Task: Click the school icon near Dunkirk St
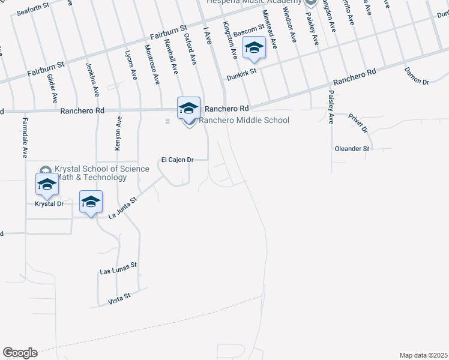[x=254, y=48]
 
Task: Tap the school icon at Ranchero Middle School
[x=188, y=109]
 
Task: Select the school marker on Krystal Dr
[x=47, y=185]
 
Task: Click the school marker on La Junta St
[x=91, y=202]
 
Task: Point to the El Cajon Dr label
[x=177, y=160]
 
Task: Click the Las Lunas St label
[x=118, y=268]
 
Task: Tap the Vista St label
[x=119, y=298]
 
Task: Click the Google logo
[x=20, y=353]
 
